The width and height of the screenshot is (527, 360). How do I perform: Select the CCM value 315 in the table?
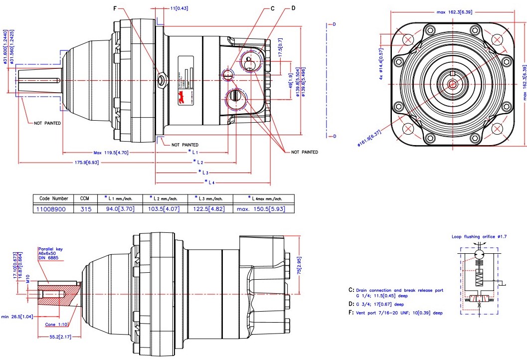pyautogui.click(x=86, y=209)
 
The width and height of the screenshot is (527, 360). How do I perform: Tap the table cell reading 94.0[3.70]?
pyautogui.click(x=120, y=209)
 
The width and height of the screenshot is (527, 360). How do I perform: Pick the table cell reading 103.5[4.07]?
pyautogui.click(x=166, y=209)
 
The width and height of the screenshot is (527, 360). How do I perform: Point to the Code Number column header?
pyautogui.click(x=53, y=198)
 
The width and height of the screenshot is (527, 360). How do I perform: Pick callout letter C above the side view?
pyautogui.click(x=273, y=8)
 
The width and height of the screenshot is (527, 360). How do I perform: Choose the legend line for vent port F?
pyautogui.click(x=395, y=313)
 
